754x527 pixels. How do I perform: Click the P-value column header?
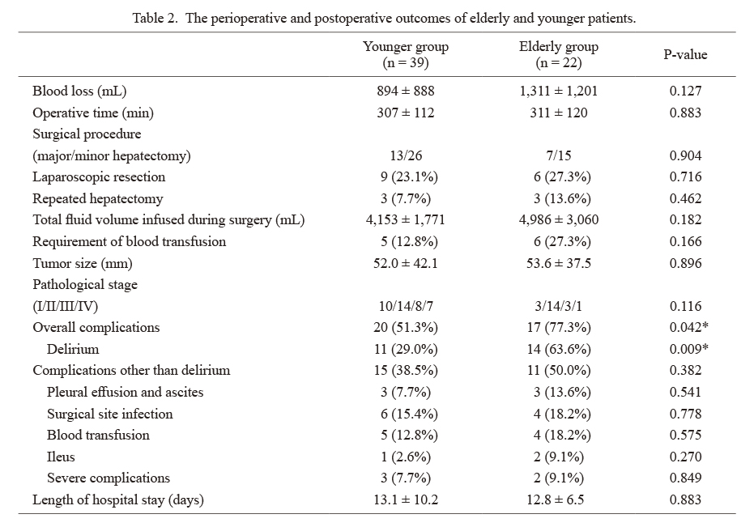(685, 54)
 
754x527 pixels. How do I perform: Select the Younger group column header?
(406, 54)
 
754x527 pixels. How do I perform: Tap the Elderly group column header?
(559, 54)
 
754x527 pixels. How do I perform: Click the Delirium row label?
(73, 349)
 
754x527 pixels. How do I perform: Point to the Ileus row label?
(61, 457)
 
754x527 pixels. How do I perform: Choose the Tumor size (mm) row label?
(83, 263)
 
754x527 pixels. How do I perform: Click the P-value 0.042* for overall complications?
(688, 327)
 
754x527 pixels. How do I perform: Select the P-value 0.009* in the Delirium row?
(688, 349)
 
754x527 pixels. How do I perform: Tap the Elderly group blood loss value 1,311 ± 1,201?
(559, 91)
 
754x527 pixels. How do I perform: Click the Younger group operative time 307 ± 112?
(406, 113)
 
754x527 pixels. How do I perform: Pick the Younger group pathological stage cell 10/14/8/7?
(406, 306)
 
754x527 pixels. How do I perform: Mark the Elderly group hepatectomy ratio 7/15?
(559, 155)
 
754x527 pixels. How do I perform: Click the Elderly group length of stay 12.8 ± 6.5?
(556, 499)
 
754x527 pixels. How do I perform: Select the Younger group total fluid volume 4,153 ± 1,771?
(406, 219)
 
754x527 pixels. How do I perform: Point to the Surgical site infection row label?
(109, 414)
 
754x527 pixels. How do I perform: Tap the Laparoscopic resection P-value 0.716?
(685, 176)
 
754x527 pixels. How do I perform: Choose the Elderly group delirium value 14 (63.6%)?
(559, 349)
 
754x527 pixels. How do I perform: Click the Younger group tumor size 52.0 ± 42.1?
(406, 263)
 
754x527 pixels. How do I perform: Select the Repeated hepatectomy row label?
(98, 198)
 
